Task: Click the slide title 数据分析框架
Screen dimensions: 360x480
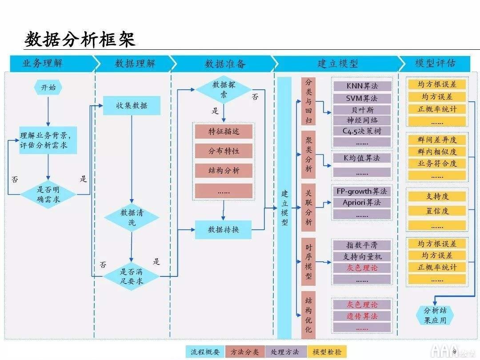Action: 80,40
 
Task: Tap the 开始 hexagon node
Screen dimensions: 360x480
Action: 48,88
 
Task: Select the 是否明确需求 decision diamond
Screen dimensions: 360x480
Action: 48,194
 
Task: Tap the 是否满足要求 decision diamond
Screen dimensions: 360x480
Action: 132,276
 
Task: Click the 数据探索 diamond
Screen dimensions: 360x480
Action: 224,89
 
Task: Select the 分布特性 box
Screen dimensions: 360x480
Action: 224,151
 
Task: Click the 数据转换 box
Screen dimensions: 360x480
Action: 224,230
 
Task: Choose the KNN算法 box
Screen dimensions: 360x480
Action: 362,86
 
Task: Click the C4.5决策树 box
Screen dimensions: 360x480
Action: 362,131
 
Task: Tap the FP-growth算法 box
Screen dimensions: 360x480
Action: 362,191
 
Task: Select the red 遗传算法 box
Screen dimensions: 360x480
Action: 362,316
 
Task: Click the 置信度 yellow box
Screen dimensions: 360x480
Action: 437,212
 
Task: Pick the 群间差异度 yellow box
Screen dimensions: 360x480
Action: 437,140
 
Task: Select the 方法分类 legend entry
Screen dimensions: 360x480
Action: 244,352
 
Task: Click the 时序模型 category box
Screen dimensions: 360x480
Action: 308,262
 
